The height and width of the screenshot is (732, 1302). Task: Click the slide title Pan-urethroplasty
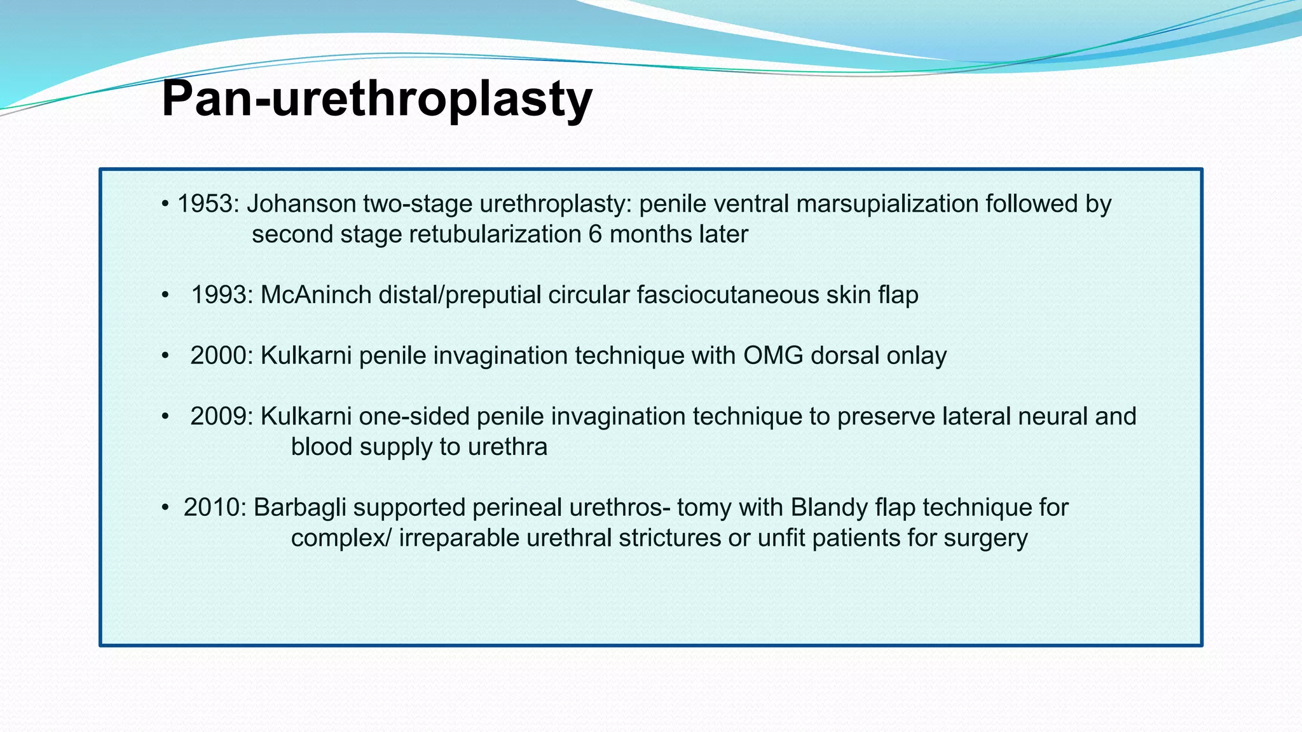pos(376,99)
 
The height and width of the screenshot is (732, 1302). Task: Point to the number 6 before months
pos(595,234)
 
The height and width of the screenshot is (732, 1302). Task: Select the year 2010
pos(214,508)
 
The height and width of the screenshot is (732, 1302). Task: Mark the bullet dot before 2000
pos(165,356)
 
